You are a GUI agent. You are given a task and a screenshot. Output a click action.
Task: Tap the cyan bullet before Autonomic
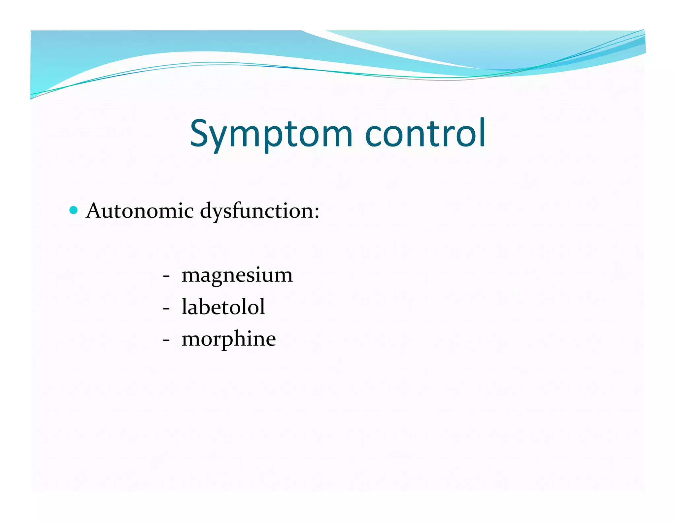point(74,210)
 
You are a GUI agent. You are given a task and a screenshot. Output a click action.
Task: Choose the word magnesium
point(237,275)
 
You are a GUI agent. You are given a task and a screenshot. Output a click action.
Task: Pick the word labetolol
point(223,307)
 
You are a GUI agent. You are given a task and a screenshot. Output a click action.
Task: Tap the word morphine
point(229,339)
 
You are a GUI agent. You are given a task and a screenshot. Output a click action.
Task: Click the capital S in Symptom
point(200,133)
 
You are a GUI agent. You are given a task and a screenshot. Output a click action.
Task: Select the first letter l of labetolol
point(185,306)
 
